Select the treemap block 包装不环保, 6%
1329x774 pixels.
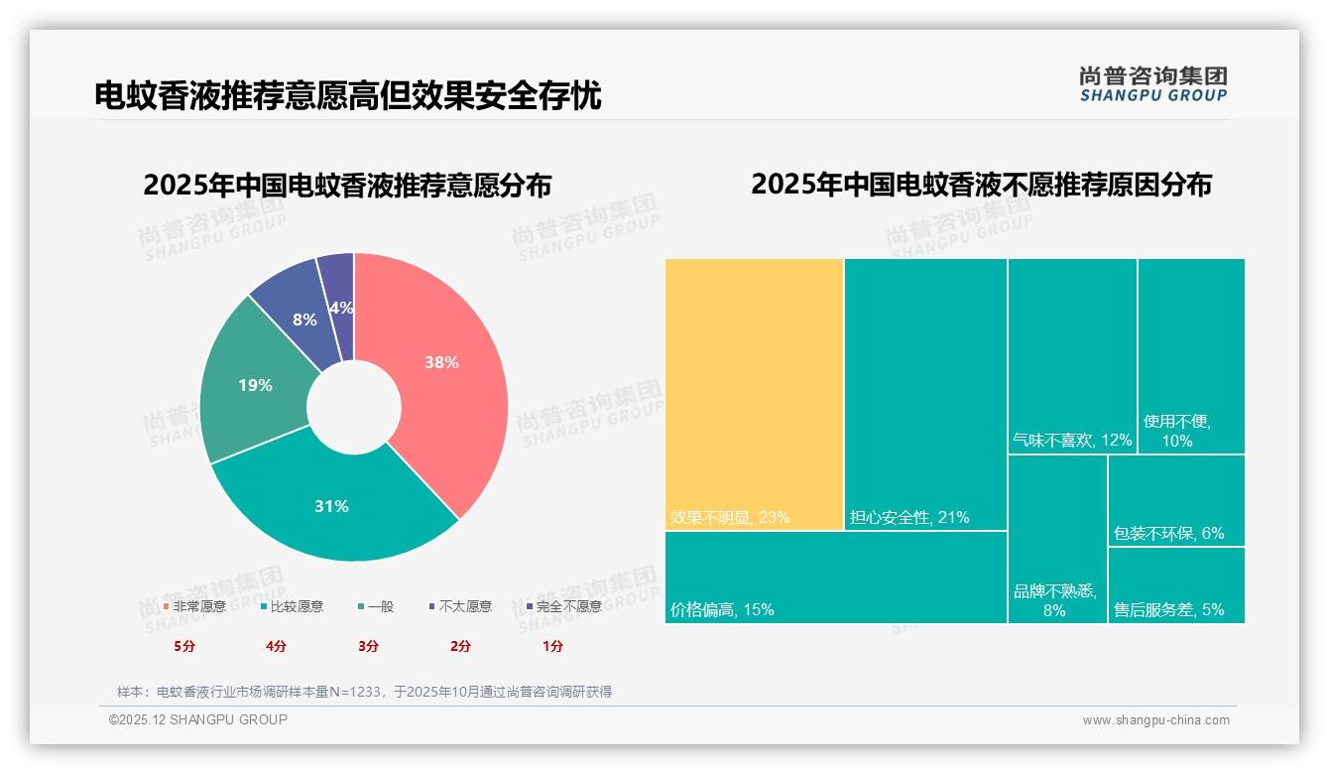(1176, 500)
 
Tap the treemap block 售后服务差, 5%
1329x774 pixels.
(1176, 585)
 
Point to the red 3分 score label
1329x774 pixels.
(368, 646)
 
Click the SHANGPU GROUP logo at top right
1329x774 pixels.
(1152, 84)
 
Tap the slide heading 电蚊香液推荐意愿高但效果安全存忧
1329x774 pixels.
(347, 95)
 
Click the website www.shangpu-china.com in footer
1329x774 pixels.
(1155, 720)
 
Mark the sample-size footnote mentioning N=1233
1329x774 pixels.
(364, 692)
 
